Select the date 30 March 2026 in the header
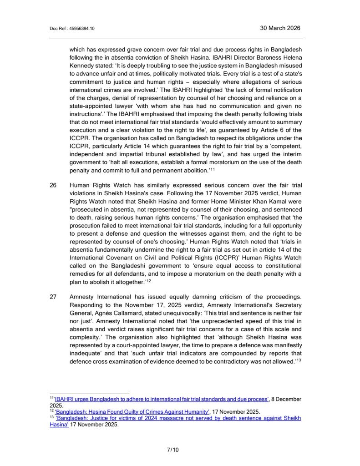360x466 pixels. pos(280,28)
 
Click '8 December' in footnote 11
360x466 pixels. pos(287,399)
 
